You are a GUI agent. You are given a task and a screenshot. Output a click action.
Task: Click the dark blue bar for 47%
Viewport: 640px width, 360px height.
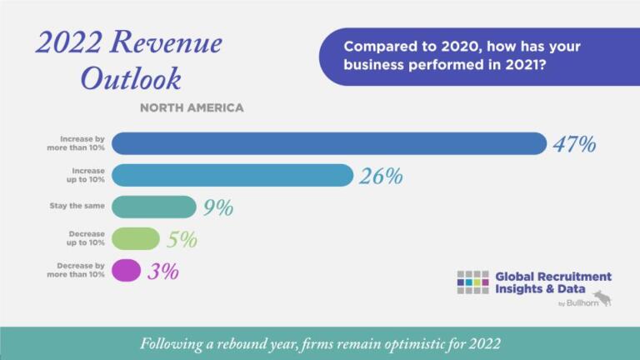click(x=328, y=143)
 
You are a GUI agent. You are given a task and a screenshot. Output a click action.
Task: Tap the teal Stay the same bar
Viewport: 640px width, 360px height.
click(x=153, y=207)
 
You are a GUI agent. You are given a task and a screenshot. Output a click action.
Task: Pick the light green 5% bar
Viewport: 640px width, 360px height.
click(x=135, y=238)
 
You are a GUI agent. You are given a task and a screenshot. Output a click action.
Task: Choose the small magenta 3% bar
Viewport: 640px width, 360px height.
click(x=126, y=270)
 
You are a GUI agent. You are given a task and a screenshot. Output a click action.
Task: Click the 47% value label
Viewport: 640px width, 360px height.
click(x=574, y=144)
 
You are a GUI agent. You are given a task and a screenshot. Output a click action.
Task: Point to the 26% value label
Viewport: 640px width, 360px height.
click(x=381, y=176)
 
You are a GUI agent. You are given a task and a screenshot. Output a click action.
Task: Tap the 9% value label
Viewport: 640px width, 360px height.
click(x=218, y=207)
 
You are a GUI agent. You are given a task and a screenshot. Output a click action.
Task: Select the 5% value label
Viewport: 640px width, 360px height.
click(x=182, y=240)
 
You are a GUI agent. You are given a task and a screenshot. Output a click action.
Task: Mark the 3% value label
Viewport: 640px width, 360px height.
click(x=163, y=271)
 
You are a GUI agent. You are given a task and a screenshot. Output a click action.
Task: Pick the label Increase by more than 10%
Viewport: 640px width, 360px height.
click(x=75, y=143)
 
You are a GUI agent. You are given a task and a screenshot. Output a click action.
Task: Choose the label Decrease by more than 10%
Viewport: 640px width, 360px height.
click(x=75, y=270)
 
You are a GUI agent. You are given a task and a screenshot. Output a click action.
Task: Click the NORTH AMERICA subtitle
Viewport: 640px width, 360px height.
click(x=192, y=107)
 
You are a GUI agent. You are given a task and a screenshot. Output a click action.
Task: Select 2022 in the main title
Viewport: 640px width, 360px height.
click(x=68, y=42)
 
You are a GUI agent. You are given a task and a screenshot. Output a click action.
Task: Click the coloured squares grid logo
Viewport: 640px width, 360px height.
click(x=472, y=282)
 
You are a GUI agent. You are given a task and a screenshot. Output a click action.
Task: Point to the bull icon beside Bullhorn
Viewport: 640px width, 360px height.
click(x=602, y=297)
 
